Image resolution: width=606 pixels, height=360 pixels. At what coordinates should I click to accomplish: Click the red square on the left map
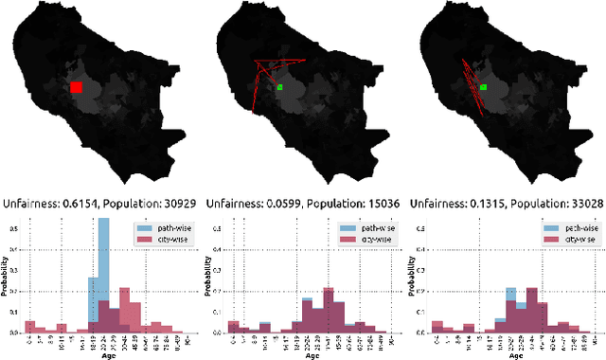tap(77, 87)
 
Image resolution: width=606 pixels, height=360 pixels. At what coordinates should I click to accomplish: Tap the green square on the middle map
tap(280, 88)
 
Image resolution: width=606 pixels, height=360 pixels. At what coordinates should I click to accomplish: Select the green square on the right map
tap(483, 87)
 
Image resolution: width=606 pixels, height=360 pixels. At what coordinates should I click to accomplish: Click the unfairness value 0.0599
tap(285, 203)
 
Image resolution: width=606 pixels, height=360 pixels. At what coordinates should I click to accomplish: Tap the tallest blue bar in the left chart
tap(103, 275)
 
